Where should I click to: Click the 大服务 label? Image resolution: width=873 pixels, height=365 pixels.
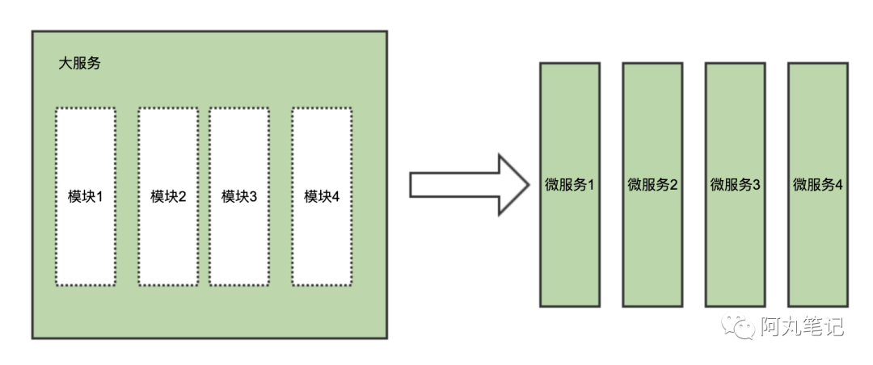80,63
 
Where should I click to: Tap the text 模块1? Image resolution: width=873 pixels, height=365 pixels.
86,196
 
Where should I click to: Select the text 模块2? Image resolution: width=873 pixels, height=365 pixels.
168,196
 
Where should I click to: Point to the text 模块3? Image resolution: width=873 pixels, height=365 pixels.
239,196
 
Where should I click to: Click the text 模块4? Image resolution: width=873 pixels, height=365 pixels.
322,196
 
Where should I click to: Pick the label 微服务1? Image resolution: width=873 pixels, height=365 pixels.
570,185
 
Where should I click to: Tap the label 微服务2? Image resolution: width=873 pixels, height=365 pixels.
652,185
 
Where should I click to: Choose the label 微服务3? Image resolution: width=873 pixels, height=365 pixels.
736,185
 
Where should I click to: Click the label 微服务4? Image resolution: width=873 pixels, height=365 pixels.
818,185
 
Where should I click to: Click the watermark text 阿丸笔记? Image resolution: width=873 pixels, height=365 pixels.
802,327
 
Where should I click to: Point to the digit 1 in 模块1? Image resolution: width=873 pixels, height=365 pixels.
101,196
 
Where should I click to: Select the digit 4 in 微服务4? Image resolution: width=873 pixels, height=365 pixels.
839,185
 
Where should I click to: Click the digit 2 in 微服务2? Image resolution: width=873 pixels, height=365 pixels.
673,185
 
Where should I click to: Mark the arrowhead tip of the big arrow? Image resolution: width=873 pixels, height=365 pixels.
526,184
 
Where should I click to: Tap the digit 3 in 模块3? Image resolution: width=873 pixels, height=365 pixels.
254,196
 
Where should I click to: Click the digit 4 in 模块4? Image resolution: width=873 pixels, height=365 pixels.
336,196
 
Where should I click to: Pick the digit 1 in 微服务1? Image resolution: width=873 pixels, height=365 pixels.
591,185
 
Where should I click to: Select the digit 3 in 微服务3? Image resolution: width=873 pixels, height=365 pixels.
757,185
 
